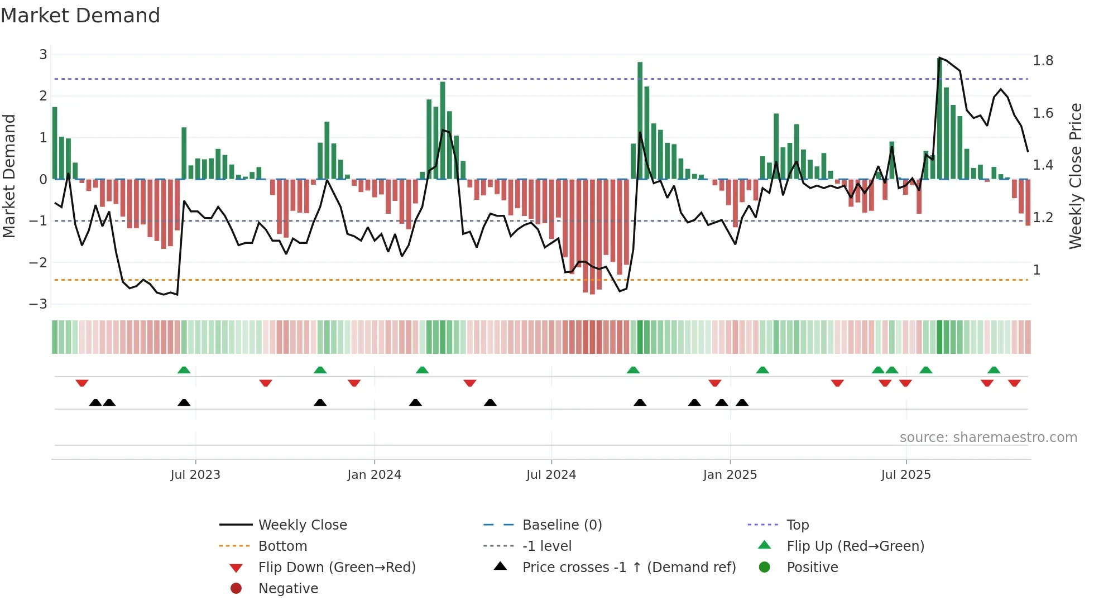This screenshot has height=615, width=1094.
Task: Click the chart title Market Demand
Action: click(x=80, y=16)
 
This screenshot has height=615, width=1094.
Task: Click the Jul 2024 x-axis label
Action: click(x=551, y=475)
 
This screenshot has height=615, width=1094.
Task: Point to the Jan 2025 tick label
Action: click(x=730, y=475)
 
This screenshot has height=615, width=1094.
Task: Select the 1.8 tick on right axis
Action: click(x=1043, y=61)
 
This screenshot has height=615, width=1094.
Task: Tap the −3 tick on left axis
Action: click(x=39, y=304)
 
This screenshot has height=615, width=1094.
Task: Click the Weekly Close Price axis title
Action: click(x=1075, y=176)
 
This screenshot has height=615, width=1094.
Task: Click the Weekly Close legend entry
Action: click(x=302, y=525)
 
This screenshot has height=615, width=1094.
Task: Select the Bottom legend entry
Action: click(x=282, y=546)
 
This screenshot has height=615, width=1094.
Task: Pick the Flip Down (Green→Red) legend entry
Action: click(x=337, y=568)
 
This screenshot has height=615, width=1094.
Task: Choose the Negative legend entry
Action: click(x=288, y=589)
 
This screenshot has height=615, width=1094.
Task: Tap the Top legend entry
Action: click(x=798, y=525)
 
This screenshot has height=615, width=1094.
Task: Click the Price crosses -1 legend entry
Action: click(x=628, y=568)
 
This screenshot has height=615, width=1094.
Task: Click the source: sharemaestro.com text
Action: click(x=988, y=438)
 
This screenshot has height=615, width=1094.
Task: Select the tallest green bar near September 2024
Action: click(x=640, y=120)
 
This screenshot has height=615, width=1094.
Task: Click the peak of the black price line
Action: click(x=940, y=58)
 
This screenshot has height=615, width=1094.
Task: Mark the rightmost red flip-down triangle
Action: click(x=1014, y=383)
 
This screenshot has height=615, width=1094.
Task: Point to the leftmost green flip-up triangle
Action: click(x=184, y=370)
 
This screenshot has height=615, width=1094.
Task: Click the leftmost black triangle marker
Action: click(x=95, y=402)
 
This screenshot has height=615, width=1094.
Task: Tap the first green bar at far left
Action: click(x=55, y=143)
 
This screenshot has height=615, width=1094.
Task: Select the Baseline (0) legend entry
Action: click(x=562, y=525)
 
